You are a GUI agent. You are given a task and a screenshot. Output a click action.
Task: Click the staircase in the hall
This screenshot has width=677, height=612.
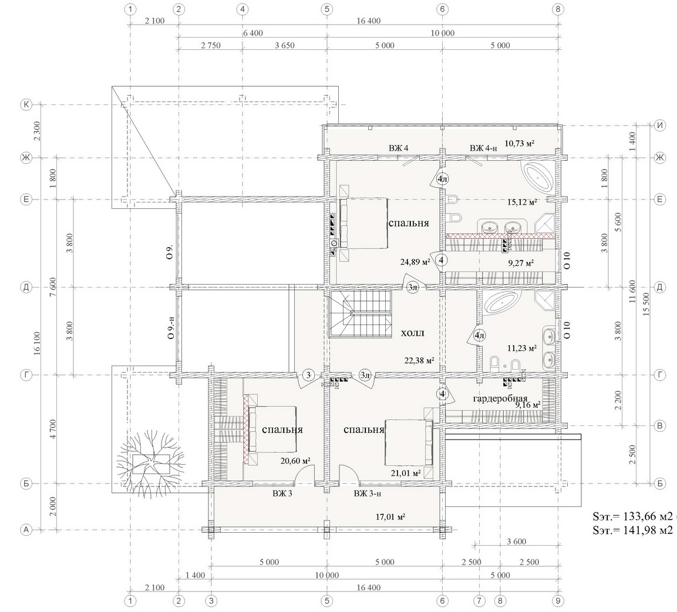click(360, 313)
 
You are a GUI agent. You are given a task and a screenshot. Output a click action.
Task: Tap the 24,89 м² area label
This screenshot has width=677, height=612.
click(415, 262)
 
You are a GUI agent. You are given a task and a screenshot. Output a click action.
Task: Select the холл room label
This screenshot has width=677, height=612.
click(413, 333)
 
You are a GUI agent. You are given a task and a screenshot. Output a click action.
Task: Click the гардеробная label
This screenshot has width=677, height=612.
click(500, 398)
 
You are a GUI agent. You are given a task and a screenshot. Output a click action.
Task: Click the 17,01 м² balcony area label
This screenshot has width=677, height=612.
click(390, 516)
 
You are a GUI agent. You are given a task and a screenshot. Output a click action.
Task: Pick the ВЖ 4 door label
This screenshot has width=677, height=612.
click(399, 148)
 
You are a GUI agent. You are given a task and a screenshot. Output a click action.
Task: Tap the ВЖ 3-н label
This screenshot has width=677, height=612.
click(368, 493)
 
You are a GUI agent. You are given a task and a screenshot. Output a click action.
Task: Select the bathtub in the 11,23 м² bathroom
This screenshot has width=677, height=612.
click(501, 303)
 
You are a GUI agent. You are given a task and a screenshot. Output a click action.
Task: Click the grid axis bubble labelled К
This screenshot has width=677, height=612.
click(26, 104)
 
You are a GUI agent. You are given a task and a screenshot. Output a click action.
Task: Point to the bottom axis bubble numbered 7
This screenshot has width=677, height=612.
click(479, 600)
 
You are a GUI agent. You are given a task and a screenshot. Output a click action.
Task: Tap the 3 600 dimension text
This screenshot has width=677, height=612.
click(516, 542)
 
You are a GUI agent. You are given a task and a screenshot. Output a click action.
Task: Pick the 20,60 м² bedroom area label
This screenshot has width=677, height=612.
click(296, 461)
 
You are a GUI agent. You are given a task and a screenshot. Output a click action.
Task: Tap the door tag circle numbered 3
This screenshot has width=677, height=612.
click(308, 375)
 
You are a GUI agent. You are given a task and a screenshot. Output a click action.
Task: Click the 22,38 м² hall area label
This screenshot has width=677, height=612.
click(419, 360)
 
